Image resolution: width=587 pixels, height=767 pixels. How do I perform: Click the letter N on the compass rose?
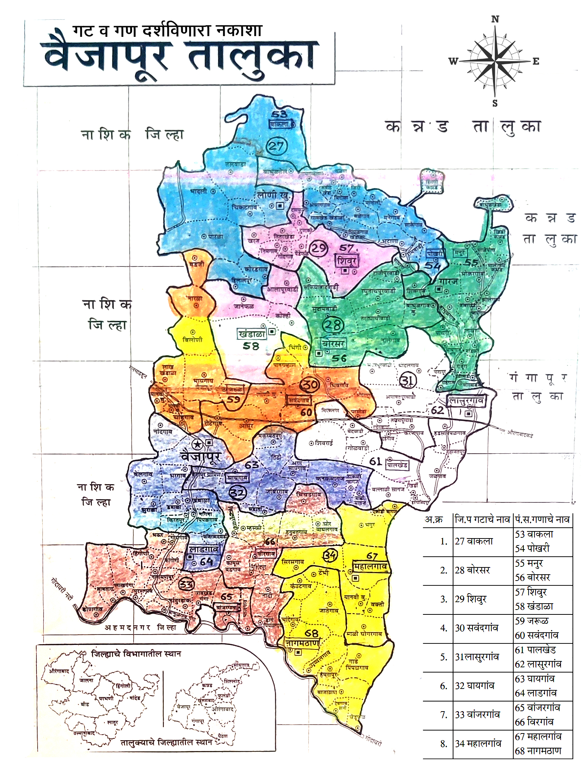pyautogui.click(x=495, y=19)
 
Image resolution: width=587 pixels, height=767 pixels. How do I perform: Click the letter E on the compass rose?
pyautogui.click(x=536, y=61)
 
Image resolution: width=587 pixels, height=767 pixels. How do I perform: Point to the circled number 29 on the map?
pyautogui.click(x=319, y=248)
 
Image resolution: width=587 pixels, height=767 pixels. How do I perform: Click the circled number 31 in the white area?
pyautogui.click(x=408, y=380)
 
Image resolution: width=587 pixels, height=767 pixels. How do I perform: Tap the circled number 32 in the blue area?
pyautogui.click(x=237, y=493)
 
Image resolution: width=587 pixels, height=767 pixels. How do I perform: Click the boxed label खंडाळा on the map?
pyautogui.click(x=252, y=334)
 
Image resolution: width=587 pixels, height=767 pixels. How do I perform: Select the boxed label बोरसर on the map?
pyautogui.click(x=334, y=343)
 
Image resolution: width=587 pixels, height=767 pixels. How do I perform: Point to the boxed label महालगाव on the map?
pyautogui.click(x=370, y=567)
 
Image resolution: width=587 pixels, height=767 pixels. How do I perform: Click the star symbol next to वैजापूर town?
pyautogui.click(x=198, y=444)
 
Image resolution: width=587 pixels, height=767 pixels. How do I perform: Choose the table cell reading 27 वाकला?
pyautogui.click(x=474, y=541)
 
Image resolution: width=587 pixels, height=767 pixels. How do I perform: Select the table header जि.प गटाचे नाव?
pyautogui.click(x=482, y=519)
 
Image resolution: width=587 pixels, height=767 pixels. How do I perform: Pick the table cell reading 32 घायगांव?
pyautogui.click(x=475, y=685)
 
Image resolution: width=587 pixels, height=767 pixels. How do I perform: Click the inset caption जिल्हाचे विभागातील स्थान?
pyautogui.click(x=136, y=653)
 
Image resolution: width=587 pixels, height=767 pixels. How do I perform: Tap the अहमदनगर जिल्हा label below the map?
pyautogui.click(x=140, y=627)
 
